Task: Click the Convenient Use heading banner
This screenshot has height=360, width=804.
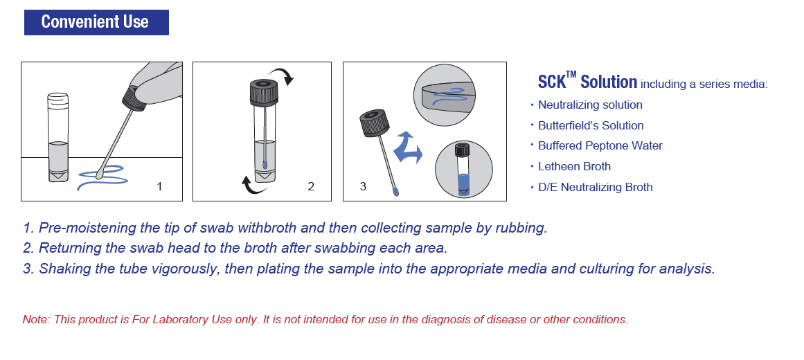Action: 96,22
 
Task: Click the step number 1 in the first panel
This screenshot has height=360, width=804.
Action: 160,186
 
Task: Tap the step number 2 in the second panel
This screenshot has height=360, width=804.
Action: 311,186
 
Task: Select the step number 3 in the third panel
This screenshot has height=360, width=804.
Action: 363,186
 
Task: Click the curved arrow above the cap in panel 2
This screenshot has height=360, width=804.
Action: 283,75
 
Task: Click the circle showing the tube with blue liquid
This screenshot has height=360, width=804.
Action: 463,169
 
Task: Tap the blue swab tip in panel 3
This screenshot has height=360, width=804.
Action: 395,192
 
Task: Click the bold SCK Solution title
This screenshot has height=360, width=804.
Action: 587,82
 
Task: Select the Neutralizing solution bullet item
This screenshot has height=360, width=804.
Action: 590,105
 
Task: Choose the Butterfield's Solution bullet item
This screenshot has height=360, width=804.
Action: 591,125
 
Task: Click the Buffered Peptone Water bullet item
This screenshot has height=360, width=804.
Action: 600,146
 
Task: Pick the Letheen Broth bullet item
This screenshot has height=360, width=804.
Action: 574,166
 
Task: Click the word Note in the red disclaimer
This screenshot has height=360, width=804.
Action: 35,320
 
